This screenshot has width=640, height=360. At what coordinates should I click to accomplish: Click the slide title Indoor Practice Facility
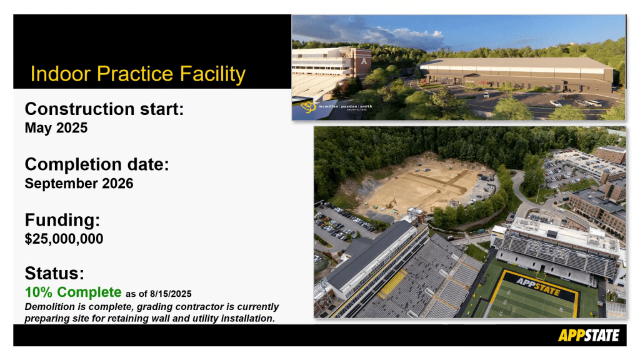tap(138, 74)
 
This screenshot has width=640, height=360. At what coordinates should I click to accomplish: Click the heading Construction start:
tap(104, 109)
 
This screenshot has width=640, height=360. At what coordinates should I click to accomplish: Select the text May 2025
tap(56, 127)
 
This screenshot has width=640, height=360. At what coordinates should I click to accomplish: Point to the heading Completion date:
tap(97, 164)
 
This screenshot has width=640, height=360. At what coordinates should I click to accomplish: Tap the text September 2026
tap(79, 183)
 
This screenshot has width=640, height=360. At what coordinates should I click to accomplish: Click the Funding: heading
tap(62, 220)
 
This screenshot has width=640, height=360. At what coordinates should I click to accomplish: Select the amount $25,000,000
tap(64, 239)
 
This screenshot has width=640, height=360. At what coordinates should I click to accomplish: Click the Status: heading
tap(54, 274)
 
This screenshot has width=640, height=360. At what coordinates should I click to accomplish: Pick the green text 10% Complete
tap(74, 292)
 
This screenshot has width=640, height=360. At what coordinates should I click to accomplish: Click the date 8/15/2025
tap(171, 294)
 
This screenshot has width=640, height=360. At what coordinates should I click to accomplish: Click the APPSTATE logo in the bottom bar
tap(589, 336)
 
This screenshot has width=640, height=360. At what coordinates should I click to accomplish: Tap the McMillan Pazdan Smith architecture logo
tap(337, 107)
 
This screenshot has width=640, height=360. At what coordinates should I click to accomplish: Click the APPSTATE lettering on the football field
tap(538, 286)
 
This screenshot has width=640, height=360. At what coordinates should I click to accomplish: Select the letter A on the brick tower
tap(364, 62)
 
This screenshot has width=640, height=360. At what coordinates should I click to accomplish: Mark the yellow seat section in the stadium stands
tap(392, 282)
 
